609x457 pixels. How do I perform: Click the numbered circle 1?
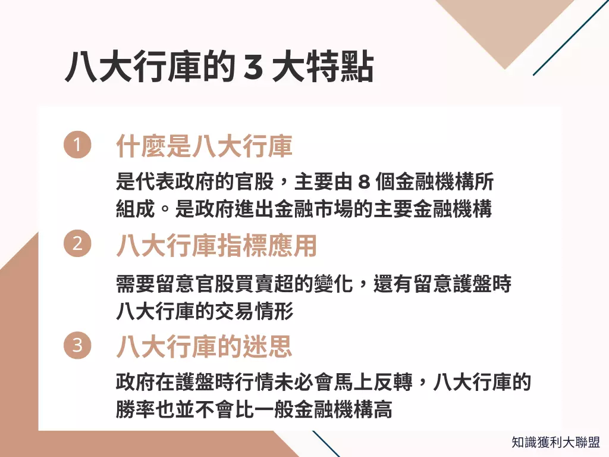77,145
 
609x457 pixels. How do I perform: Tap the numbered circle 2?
77,244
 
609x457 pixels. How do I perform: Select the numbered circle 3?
77,345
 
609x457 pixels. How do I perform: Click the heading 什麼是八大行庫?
204,146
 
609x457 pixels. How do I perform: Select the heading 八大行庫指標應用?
216,245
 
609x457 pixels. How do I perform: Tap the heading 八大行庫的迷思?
204,346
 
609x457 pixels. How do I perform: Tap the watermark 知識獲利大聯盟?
555,442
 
